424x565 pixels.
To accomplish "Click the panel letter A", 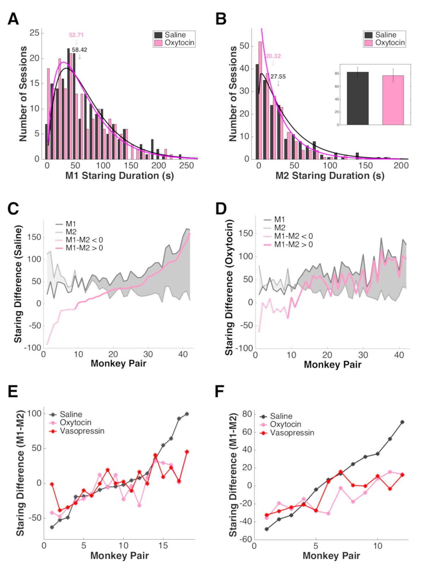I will point(13,19).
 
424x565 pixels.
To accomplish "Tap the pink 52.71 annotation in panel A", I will point(76,35).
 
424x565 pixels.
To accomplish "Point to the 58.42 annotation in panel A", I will point(79,50).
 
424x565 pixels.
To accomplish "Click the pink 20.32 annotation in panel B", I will point(273,56).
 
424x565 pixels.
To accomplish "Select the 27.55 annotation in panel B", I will point(278,77).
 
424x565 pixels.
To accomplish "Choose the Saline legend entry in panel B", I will point(385,35).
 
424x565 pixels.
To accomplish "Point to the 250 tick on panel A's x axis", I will point(187,165).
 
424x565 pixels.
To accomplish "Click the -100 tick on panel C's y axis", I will point(33,348).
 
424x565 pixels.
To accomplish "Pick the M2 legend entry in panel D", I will point(279,228).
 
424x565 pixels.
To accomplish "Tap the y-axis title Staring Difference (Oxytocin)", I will point(230,287).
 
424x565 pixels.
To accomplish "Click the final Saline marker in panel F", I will point(402,422).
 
